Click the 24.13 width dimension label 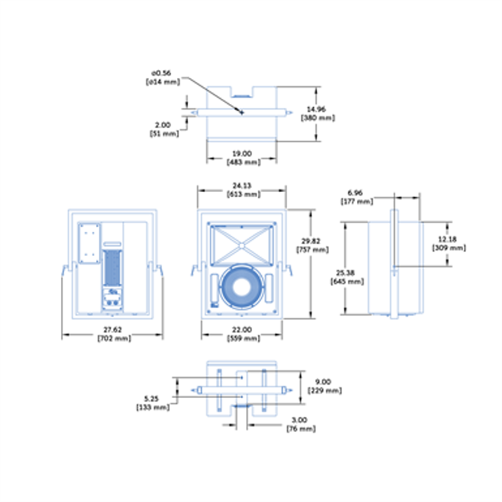pos(242,184)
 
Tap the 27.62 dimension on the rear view pos(112,329)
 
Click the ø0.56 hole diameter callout pos(160,73)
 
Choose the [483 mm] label pos(242,161)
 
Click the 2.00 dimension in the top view pos(163,125)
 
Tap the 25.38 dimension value pos(347,273)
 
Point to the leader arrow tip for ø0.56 pos(243,113)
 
